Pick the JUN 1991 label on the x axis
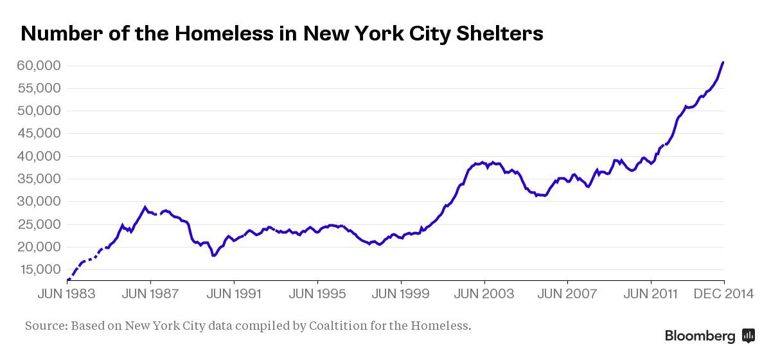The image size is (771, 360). click(234, 294)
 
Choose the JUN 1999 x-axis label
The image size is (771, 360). click(401, 294)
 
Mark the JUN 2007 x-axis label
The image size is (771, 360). click(568, 294)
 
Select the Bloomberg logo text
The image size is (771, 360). click(700, 336)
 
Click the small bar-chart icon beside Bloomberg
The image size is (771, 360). click(748, 336)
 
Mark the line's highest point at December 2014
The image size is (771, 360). click(723, 62)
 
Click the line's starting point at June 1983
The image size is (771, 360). click(67, 280)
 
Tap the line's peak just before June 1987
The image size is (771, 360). click(145, 207)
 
